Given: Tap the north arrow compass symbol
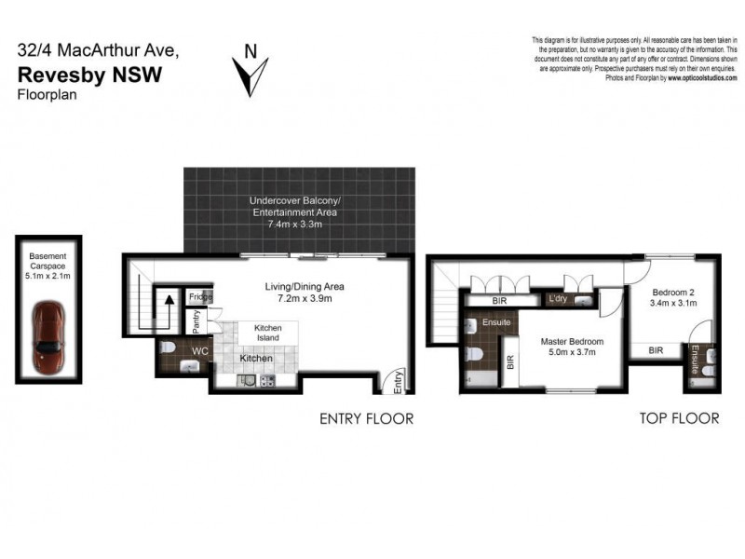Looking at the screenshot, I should click(251, 72).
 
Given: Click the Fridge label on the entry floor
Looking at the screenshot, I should click(200, 297).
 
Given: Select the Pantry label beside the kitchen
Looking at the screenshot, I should click(196, 320).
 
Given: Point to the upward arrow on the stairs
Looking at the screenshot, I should click(169, 307).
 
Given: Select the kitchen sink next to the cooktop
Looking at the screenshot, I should click(247, 380).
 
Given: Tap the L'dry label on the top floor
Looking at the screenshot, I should click(559, 299).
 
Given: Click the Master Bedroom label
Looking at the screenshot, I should click(573, 341).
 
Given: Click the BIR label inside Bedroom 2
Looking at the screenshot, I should click(656, 350).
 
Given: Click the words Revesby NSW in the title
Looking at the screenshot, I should click(89, 75).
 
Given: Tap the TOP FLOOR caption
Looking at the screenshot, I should click(680, 418).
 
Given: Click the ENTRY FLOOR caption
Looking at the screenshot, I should click(366, 418).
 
